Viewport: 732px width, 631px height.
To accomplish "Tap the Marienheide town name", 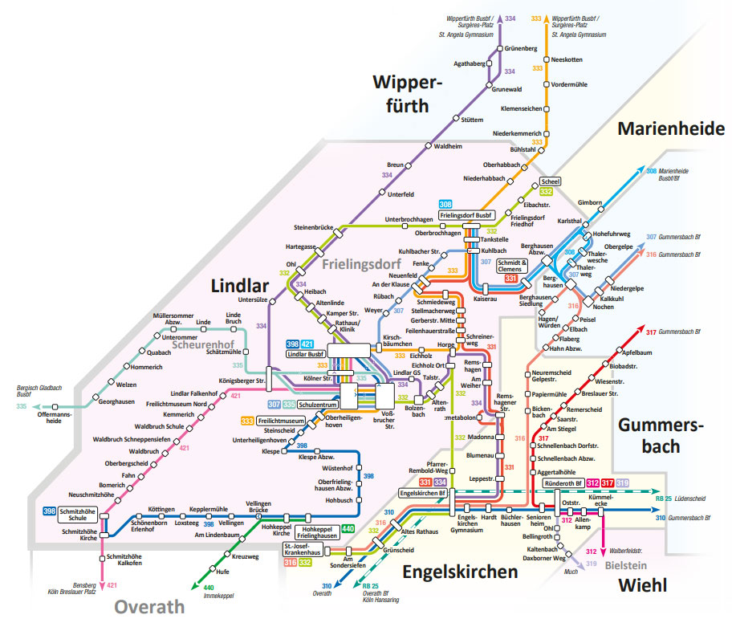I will (x=670, y=129).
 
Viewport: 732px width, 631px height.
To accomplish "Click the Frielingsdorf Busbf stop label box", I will (x=467, y=216).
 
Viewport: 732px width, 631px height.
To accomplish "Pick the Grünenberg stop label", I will (x=521, y=49).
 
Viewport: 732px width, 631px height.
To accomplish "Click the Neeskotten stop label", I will (x=570, y=60).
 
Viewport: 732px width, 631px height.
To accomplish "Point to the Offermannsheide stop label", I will (x=55, y=417).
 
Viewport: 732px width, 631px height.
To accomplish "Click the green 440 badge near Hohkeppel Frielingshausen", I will (x=348, y=528).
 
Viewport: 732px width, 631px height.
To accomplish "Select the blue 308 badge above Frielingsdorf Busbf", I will (x=445, y=205).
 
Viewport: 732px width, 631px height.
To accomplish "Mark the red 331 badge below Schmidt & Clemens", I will (x=511, y=279).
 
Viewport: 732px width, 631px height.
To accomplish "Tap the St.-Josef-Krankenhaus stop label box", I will (x=302, y=550).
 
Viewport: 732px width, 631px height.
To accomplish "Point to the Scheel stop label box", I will (x=551, y=181).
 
